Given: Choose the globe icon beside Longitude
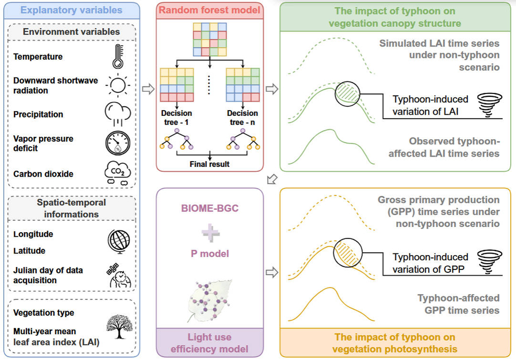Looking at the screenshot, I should tap(118, 241).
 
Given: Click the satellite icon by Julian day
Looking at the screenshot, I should tap(118, 274).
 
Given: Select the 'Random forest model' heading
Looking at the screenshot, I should tap(209, 10).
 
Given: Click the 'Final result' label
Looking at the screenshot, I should tap(209, 165).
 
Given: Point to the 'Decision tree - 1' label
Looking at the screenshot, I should tap(177, 118).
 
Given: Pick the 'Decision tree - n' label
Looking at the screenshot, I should tap(242, 118).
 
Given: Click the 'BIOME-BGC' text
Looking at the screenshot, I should tap(209, 209).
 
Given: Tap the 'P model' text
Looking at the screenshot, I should tap(209, 253).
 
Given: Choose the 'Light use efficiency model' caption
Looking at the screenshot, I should tap(209, 343).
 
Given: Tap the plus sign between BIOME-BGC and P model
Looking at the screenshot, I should tap(209, 231).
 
